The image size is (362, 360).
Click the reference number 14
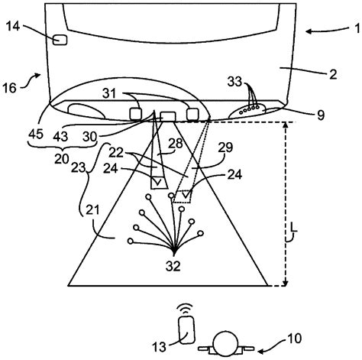click(13, 26)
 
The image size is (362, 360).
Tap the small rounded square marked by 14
click(60, 41)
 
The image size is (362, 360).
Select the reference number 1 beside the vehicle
click(357, 28)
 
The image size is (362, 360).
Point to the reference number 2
click(333, 74)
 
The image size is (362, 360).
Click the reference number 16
click(10, 88)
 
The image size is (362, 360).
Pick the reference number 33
click(234, 82)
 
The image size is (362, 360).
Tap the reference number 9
click(321, 115)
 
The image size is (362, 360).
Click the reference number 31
click(109, 93)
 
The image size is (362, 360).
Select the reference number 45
click(36, 134)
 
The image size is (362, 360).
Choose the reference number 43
click(60, 137)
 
